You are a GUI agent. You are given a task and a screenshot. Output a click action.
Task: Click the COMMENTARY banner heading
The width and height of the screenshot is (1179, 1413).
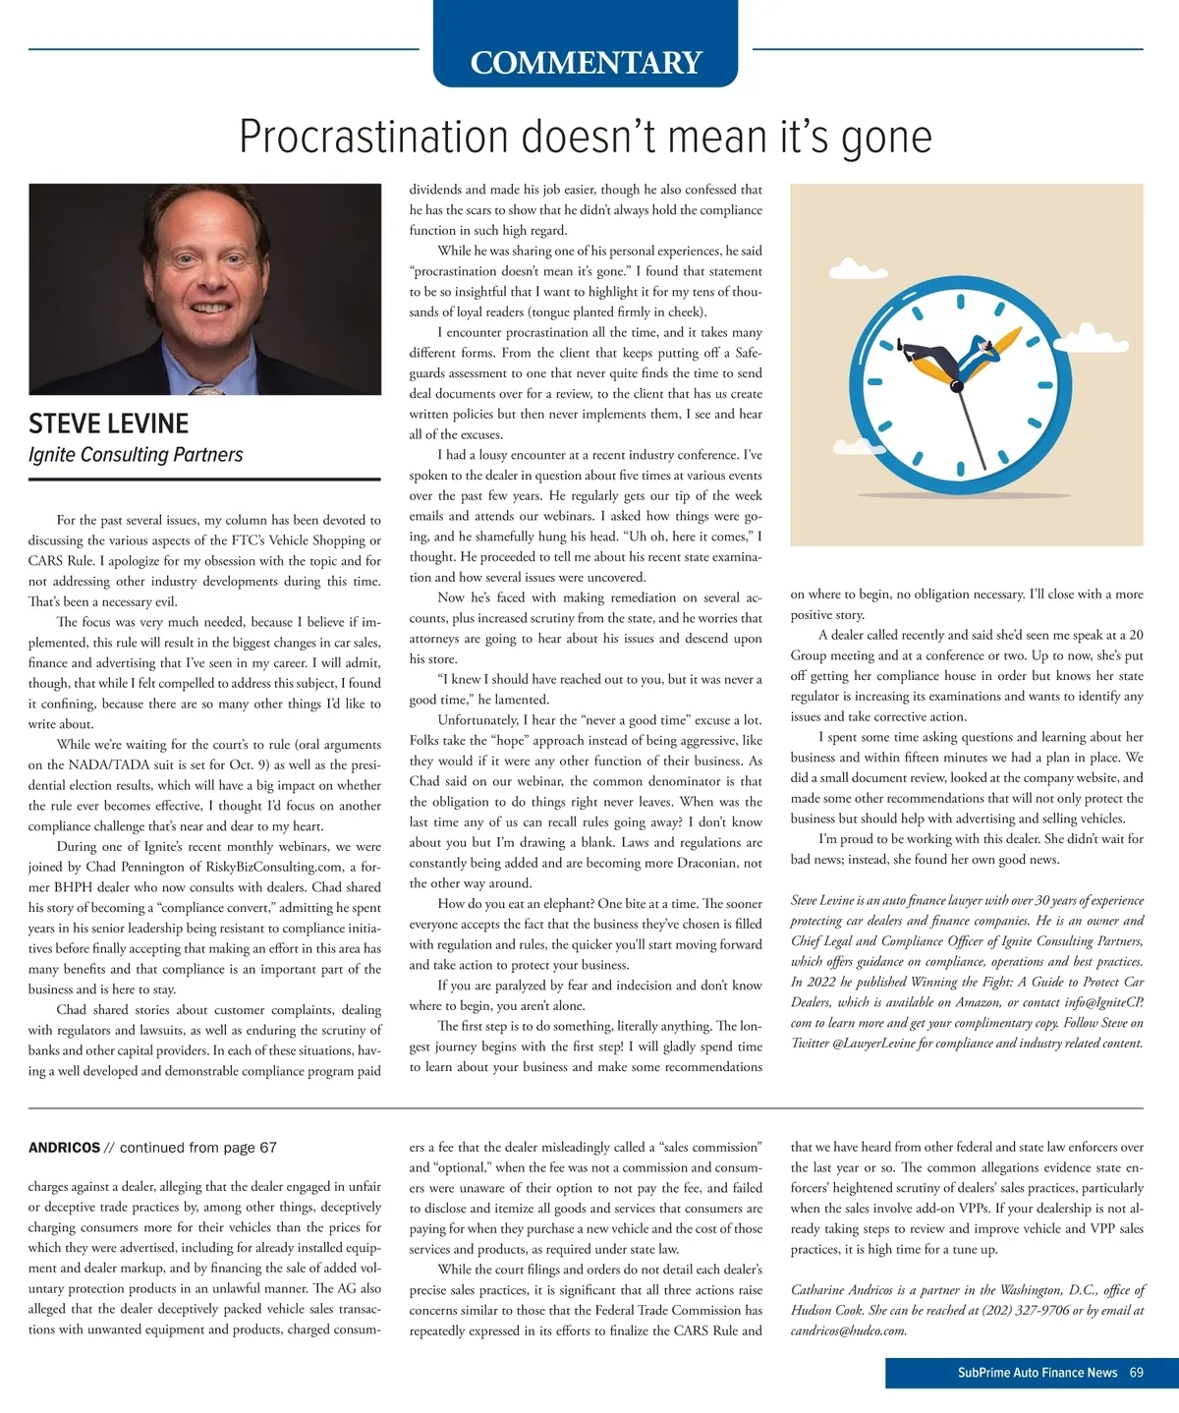click(586, 62)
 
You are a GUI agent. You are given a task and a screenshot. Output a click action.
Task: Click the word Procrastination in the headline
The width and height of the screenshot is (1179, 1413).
click(373, 137)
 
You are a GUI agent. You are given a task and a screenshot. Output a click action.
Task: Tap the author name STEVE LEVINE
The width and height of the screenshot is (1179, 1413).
click(108, 424)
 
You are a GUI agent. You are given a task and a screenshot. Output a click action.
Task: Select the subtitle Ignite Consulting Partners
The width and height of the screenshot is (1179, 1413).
click(136, 455)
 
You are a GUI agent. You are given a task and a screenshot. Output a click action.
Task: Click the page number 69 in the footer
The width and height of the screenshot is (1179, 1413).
click(1136, 1373)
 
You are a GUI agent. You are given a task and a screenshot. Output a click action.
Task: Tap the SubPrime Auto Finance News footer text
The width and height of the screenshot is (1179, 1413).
click(1037, 1373)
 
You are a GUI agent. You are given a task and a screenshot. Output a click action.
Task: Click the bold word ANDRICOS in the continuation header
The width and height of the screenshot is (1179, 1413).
click(64, 1148)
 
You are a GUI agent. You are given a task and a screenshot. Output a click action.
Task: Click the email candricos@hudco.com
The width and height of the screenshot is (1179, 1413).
click(848, 1331)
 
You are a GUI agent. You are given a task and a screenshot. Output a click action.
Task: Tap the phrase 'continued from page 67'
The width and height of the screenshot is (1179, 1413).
click(198, 1148)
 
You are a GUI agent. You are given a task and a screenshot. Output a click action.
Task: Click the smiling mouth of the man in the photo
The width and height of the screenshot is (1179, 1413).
click(208, 308)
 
